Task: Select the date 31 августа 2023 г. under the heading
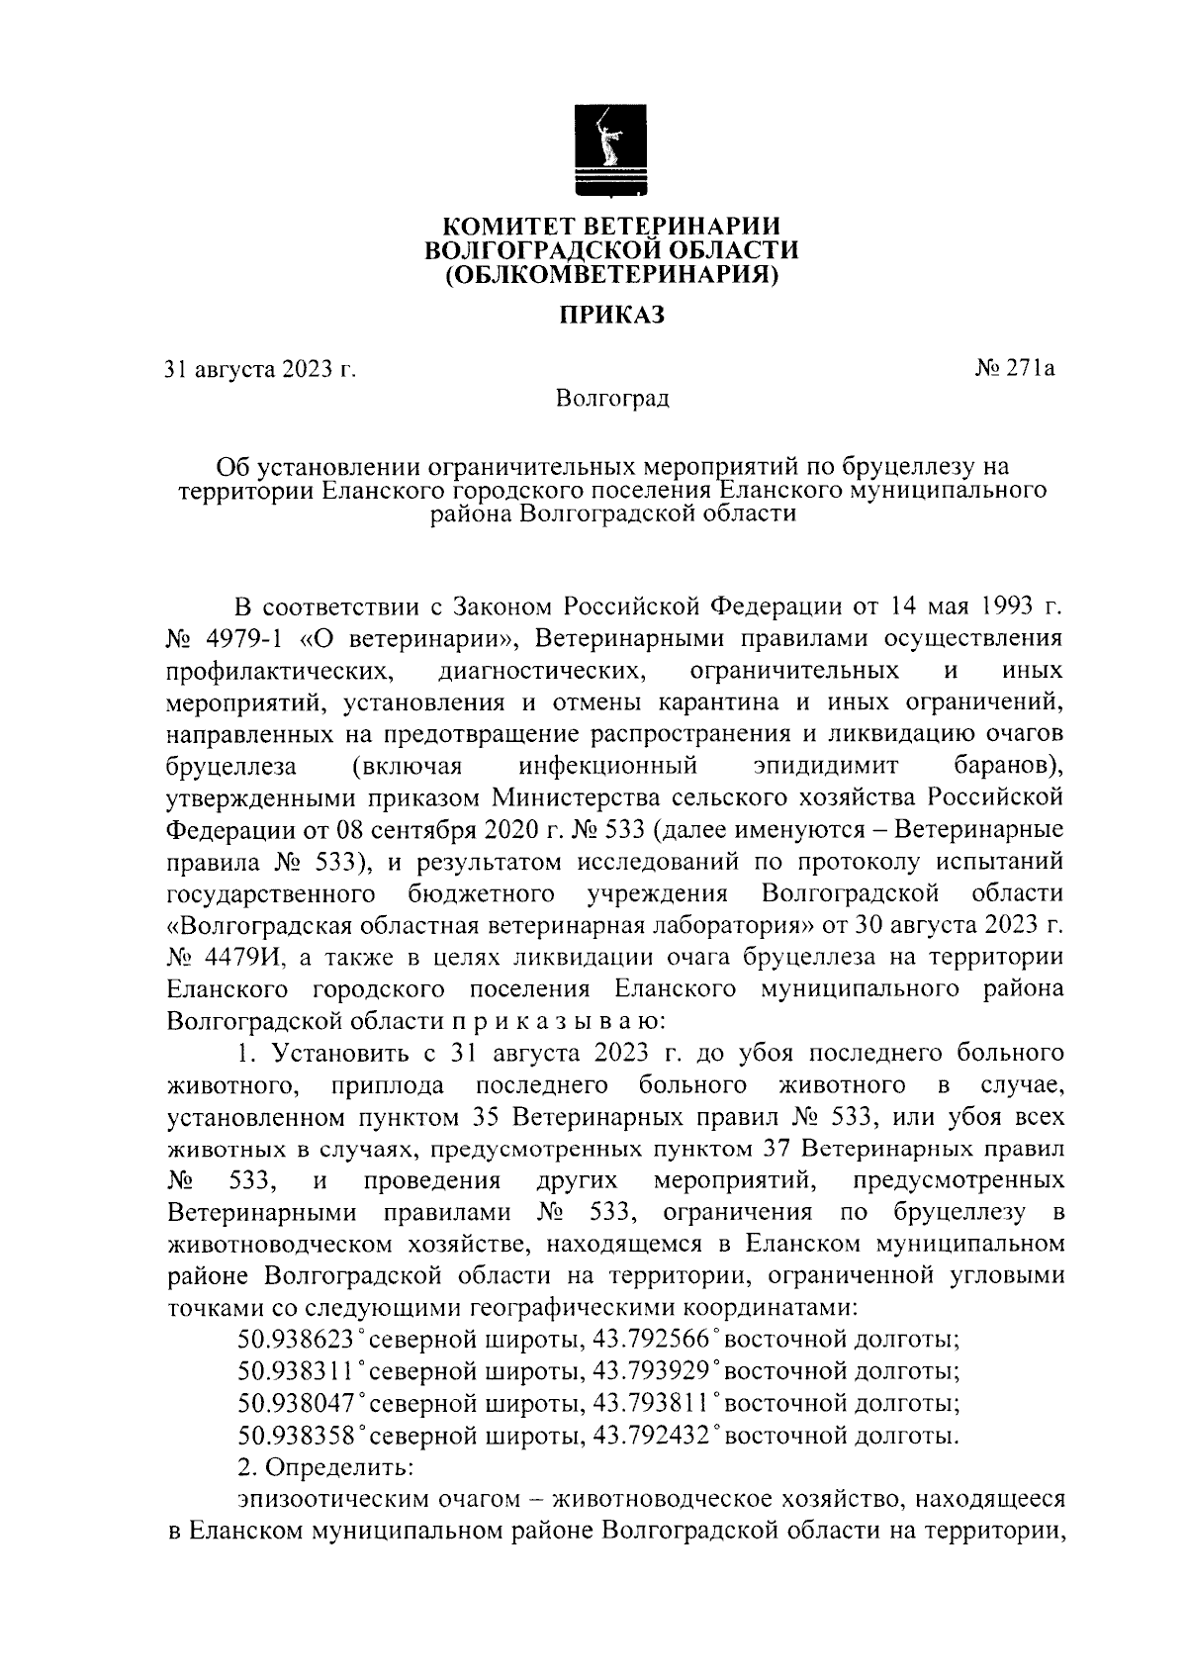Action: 260,371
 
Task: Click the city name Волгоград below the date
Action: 612,399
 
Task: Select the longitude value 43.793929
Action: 650,1372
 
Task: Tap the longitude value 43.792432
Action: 650,1436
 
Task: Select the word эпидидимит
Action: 825,766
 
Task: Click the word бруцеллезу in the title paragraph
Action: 916,465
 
